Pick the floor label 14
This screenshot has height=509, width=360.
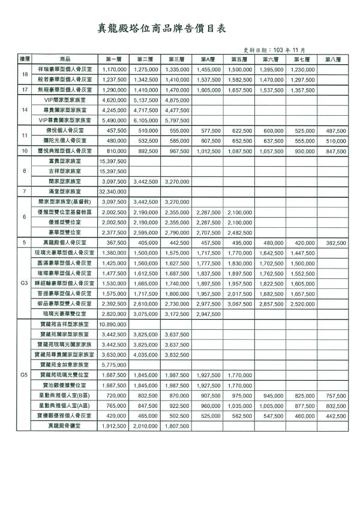tap(25, 110)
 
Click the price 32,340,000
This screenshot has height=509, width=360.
tap(114, 191)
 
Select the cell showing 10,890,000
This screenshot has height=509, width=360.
tap(114, 323)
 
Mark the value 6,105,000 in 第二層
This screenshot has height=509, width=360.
tap(146, 120)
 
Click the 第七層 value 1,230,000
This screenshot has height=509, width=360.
tap(302, 69)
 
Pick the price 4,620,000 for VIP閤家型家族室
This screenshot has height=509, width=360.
tap(114, 100)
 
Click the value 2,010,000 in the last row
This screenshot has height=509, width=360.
tap(146, 425)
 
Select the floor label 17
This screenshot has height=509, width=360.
tap(25, 89)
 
